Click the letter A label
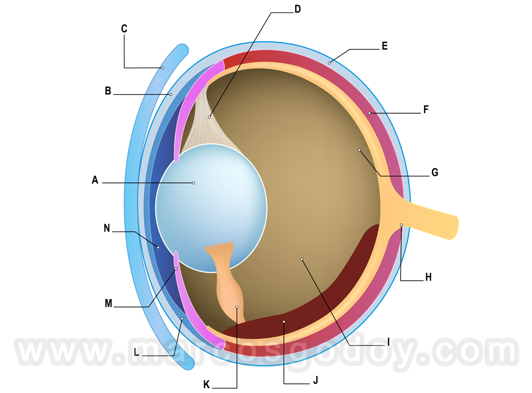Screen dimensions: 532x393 tap(95, 180)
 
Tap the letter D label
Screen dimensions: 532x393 tap(298, 9)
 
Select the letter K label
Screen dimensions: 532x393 tap(207, 384)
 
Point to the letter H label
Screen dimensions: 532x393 tap(429, 277)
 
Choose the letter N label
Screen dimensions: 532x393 tap(107, 228)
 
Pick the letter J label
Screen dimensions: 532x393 tap(315, 380)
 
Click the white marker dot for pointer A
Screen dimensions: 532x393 tap(193, 183)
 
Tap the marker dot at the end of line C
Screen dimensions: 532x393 tap(163, 68)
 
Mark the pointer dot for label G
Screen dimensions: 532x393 tap(360, 150)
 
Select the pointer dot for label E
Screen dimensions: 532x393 tap(329, 63)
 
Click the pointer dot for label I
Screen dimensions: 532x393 tap(302, 259)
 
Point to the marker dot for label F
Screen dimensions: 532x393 tap(369, 113)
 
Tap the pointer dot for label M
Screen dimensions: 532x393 tap(176, 269)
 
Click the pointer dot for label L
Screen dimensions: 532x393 tap(182, 318)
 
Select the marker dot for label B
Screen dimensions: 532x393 tap(170, 94)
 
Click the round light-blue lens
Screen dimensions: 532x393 tap(211, 208)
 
